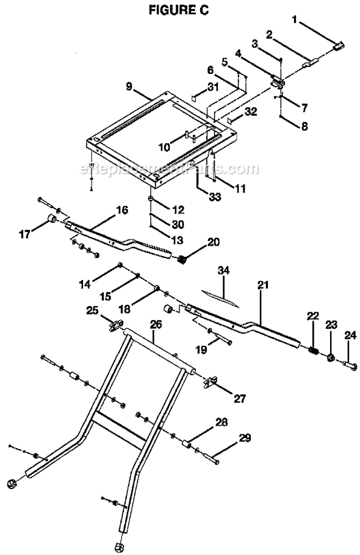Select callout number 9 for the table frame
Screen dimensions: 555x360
coord(130,87)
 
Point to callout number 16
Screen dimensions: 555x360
coord(122,211)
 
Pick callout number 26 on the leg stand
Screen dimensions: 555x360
coord(156,325)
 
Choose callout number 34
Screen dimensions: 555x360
coord(226,269)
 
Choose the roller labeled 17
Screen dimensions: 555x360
coord(52,220)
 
